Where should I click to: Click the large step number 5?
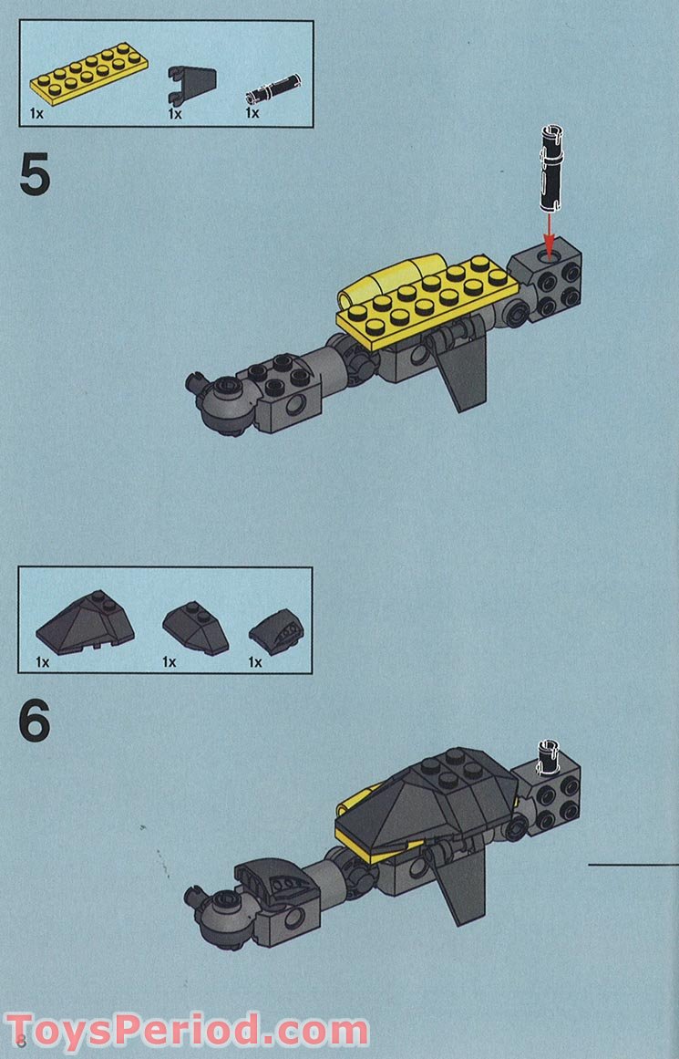click(35, 176)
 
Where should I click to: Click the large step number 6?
click(35, 723)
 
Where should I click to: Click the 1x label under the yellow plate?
click(36, 114)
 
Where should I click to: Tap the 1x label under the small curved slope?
click(255, 662)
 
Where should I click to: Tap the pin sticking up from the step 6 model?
click(550, 752)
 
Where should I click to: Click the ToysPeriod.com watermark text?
click(187, 1033)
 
